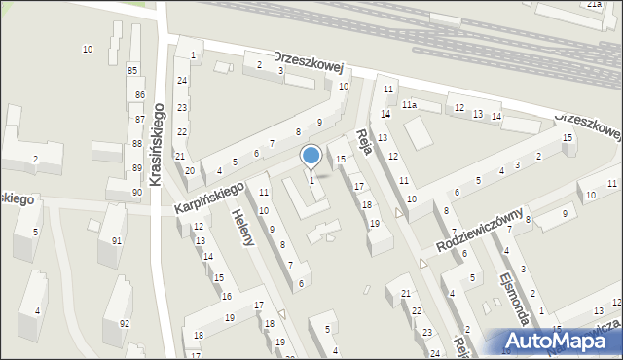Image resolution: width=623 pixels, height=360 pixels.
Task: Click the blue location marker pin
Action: click(311, 155)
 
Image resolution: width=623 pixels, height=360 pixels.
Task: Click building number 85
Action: click(132, 70)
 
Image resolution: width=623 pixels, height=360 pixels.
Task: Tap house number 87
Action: click(139, 119)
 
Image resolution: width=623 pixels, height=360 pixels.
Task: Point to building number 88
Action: click(137, 144)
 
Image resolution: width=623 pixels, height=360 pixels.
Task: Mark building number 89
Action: click(137, 168)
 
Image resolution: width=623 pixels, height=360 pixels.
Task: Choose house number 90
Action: click(137, 192)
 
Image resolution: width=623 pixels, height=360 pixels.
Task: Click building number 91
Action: click(117, 240)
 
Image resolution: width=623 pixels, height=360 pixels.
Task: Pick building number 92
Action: click(124, 323)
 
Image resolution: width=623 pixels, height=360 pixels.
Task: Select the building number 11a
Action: click(410, 105)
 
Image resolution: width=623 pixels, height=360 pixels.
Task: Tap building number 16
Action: click(226, 295)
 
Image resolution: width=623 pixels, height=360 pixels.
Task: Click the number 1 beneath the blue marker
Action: click(311, 179)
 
